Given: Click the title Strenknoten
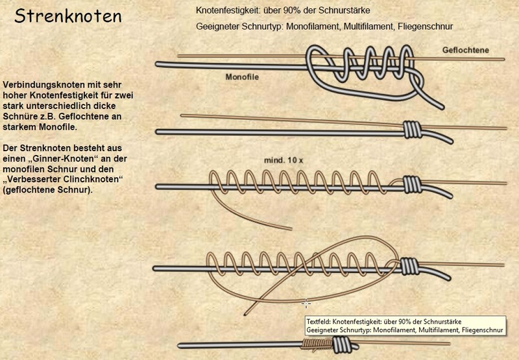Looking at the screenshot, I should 68,16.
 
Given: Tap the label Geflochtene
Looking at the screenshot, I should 466,50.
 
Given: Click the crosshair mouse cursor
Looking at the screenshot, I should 306,302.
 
